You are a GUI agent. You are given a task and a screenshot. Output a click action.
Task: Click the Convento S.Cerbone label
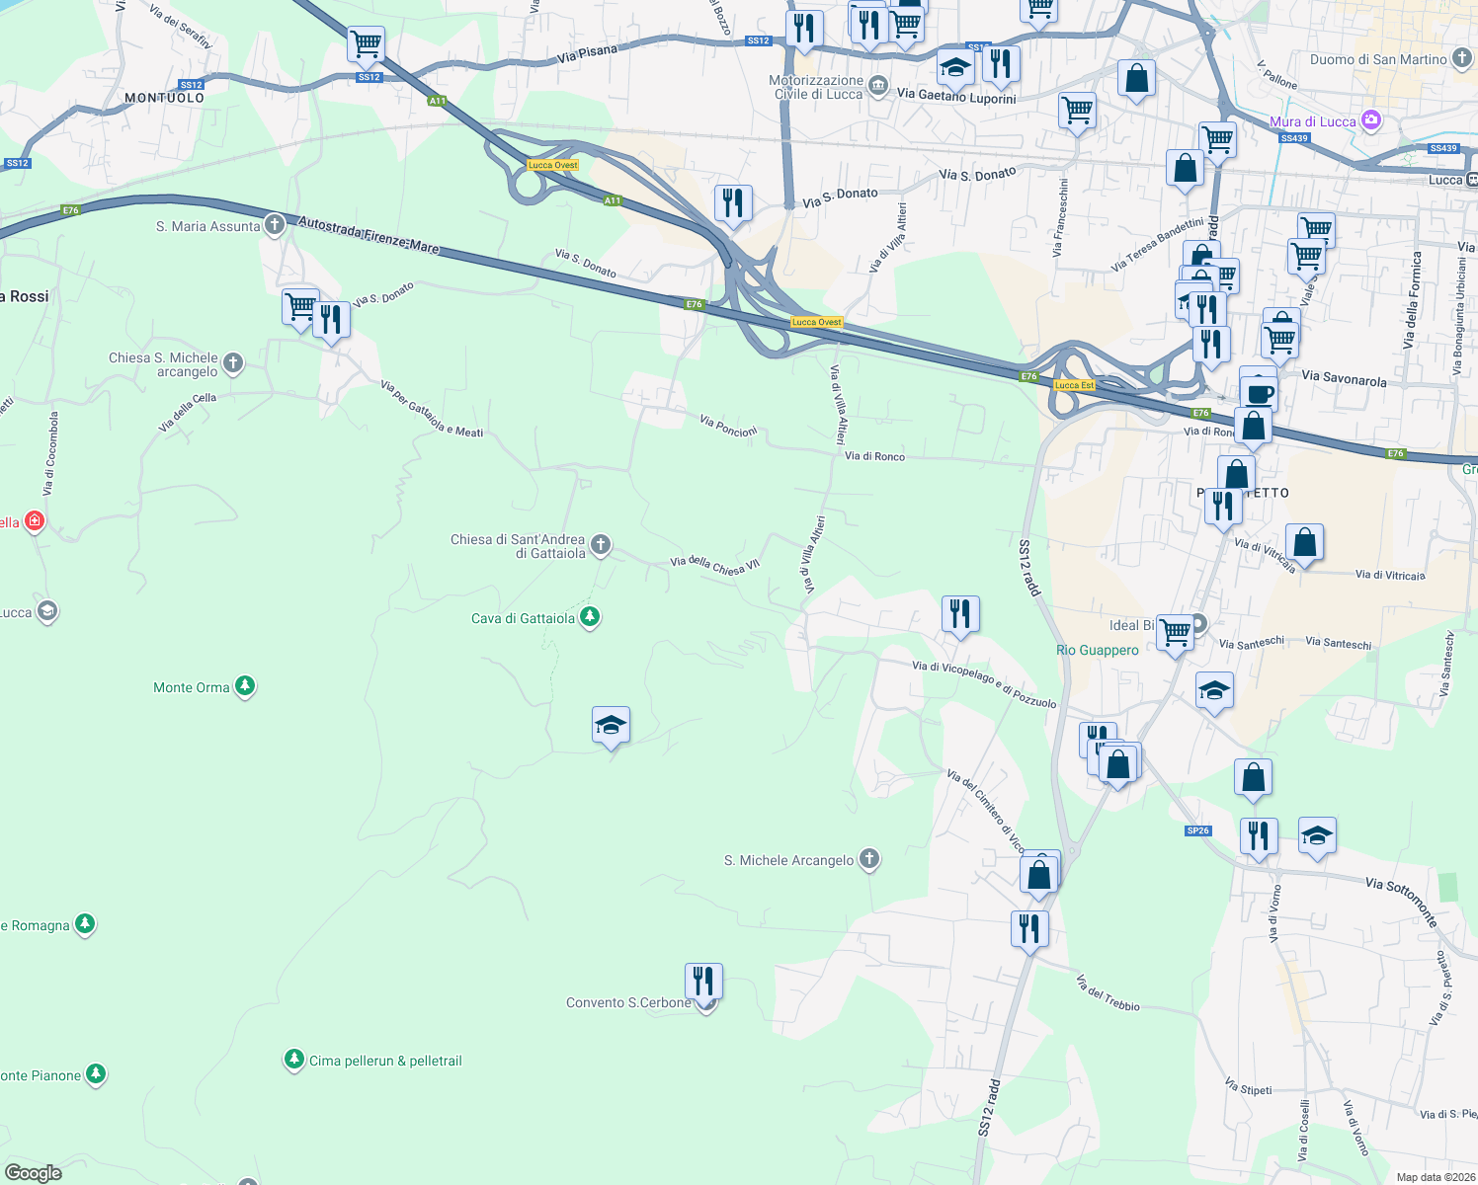coord(628,1002)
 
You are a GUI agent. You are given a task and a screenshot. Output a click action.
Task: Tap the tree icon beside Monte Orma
coord(245,686)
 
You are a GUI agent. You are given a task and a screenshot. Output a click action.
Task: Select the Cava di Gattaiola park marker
coord(590,617)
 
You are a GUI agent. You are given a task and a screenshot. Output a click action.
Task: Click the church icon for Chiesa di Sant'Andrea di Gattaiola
coord(600,544)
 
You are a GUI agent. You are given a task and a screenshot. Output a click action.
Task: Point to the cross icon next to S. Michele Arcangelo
coord(869,859)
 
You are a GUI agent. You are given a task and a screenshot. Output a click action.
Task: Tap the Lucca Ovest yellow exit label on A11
coord(552,165)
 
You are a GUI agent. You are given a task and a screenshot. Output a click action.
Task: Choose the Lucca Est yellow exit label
coord(1074,385)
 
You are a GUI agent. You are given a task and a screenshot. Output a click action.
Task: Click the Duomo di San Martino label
coord(1377,59)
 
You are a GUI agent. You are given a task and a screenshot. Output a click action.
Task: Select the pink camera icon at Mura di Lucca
coord(1370,120)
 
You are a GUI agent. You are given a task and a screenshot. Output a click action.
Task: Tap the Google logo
coord(34,1172)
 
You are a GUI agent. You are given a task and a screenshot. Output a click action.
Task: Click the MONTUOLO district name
coord(164,98)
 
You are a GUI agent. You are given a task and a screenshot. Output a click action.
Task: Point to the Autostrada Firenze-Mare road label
coord(369,235)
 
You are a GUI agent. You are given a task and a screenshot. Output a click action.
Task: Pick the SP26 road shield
coord(1198,830)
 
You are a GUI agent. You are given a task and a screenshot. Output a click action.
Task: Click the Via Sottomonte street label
coord(1401,900)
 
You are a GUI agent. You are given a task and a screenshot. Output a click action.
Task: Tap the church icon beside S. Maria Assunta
coord(275,225)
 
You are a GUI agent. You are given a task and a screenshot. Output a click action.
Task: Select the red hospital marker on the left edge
coord(35,520)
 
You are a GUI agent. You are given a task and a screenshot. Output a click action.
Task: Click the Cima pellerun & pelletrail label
coord(385,1061)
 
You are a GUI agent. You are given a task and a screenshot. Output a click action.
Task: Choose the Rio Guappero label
coord(1097,650)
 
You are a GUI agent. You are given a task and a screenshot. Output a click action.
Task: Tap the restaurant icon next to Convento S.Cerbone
coord(703,982)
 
